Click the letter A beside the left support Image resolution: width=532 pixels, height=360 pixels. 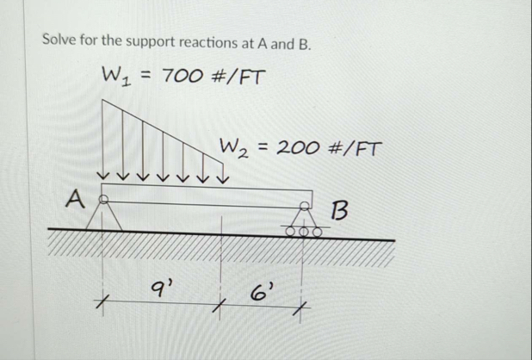(77, 202)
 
